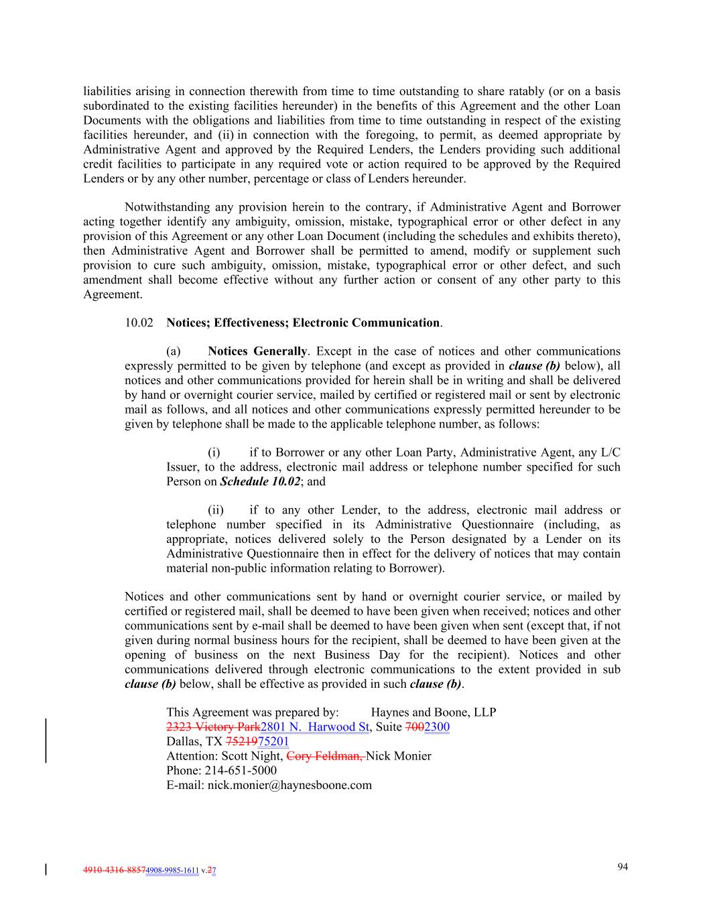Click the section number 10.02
pyautogui.click(x=138, y=323)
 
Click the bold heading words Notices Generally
pyautogui.click(x=257, y=351)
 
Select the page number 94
pyautogui.click(x=623, y=867)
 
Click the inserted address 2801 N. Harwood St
pyautogui.click(x=314, y=727)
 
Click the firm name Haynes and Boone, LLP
pyautogui.click(x=433, y=713)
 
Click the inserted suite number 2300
pyautogui.click(x=437, y=727)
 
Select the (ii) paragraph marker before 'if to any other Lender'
pyautogui.click(x=216, y=511)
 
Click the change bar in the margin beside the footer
pyautogui.click(x=46, y=871)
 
